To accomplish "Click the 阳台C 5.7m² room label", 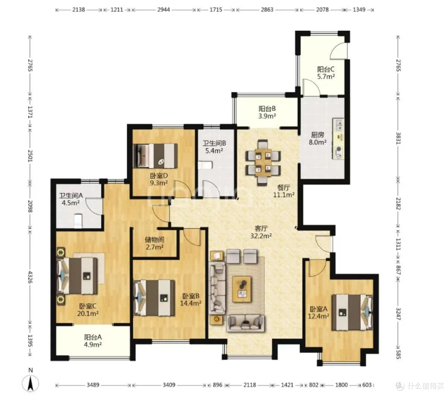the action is click(x=326, y=73).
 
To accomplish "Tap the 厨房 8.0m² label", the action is click(x=317, y=138).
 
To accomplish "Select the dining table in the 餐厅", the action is click(x=263, y=162).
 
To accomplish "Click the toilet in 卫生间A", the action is click(x=78, y=221).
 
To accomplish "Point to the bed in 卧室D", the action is click(x=155, y=156).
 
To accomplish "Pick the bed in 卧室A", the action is click(x=352, y=312).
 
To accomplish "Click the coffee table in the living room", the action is click(x=242, y=289).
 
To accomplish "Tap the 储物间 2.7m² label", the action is click(x=155, y=243).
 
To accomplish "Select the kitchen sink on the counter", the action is click(x=339, y=125).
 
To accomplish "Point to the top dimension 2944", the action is click(x=163, y=10).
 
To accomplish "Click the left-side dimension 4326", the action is click(x=30, y=277).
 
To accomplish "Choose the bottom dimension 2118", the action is click(x=250, y=385).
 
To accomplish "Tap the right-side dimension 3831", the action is click(x=398, y=138).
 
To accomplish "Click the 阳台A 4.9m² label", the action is click(x=93, y=341).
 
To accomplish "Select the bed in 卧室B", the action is click(x=154, y=297).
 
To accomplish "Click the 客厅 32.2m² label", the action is click(x=261, y=232).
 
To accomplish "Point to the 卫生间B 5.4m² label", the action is click(x=214, y=147).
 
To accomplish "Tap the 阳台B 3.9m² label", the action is click(x=267, y=112).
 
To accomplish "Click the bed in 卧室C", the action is click(x=78, y=276).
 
